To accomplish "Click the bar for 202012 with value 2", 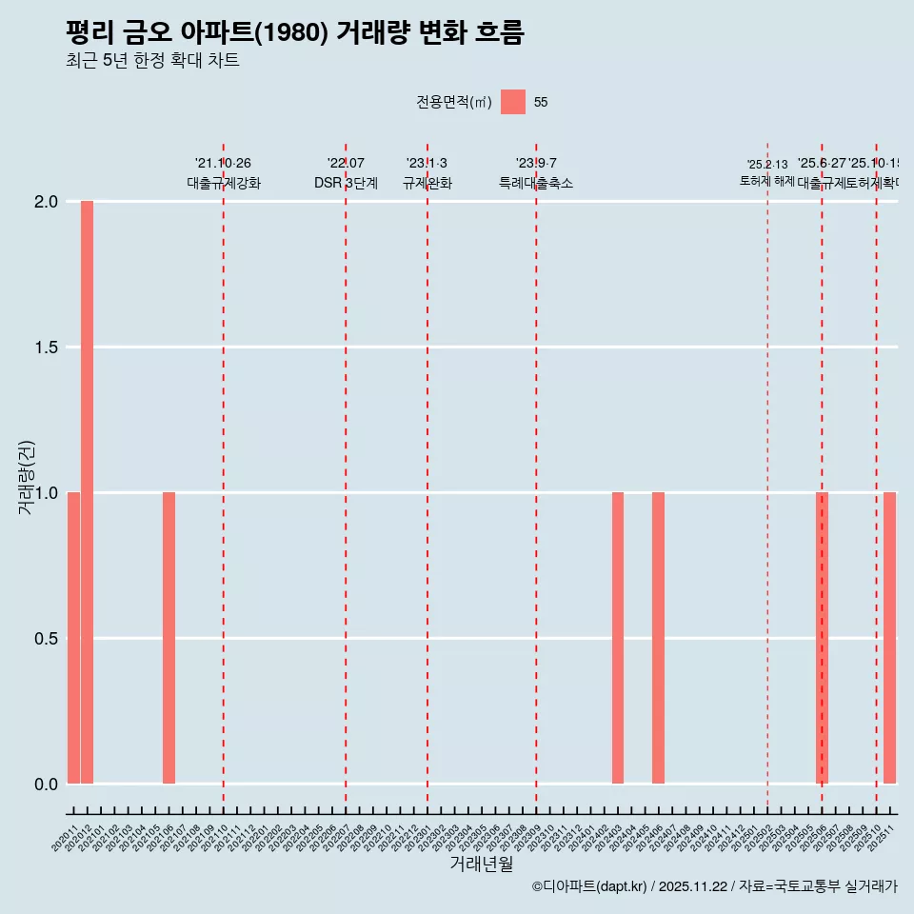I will tap(87, 492).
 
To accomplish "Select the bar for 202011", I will tap(73, 638).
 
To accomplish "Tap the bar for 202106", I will tap(169, 638).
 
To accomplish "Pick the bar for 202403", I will tap(618, 638).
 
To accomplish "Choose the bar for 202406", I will tap(658, 638).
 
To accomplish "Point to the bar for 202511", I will tap(889, 638).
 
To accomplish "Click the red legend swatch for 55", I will tap(513, 102).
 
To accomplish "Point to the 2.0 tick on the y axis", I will tap(47, 202).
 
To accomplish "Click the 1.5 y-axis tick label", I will tap(47, 348).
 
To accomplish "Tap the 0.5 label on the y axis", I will tap(47, 638).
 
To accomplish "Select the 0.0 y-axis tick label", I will tap(47, 784).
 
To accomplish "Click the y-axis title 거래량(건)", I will tap(27, 476).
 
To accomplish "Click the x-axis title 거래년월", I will tap(481, 864).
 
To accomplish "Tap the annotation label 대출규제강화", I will tap(223, 183).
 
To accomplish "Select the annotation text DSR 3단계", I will tap(346, 183).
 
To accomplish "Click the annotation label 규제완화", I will tap(427, 183).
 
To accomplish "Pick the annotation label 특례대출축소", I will tap(536, 183).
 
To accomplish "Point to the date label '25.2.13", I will tap(767, 165).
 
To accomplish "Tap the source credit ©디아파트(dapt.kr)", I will tap(590, 886).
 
